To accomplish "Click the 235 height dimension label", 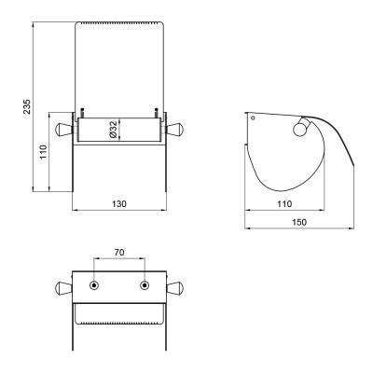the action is point(27,106).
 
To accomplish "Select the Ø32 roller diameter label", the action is point(113,130).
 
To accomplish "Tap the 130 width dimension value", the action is point(119,204).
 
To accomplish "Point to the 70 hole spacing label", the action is point(119,253).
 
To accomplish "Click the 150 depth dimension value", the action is point(299,222).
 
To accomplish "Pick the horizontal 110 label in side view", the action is point(284,204).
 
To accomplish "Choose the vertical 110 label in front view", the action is point(43,152).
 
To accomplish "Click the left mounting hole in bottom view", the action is point(94,285).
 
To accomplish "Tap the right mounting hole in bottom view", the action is point(145,285).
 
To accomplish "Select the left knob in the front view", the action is point(63,130).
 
